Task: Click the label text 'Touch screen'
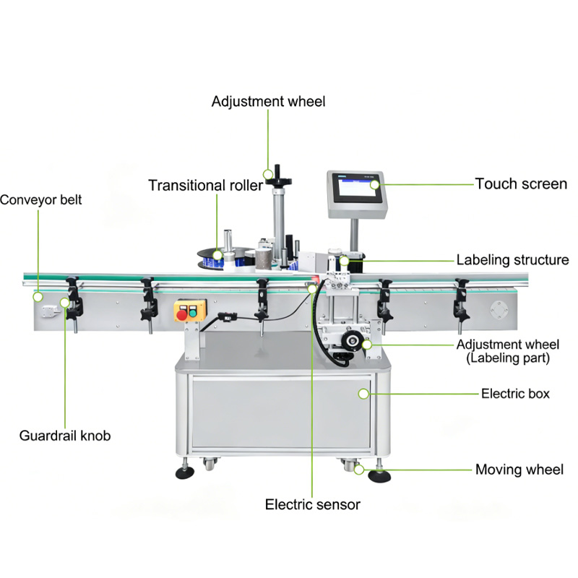click(x=521, y=184)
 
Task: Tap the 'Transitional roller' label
click(x=206, y=186)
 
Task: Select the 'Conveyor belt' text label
click(x=40, y=200)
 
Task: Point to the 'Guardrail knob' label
click(x=65, y=436)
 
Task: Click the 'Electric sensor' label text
click(x=313, y=504)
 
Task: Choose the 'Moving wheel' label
click(x=519, y=470)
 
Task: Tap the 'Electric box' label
click(x=515, y=394)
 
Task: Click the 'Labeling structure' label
click(x=512, y=260)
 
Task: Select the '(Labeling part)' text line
click(x=508, y=358)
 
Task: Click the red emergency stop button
click(x=182, y=315)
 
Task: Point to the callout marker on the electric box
click(x=363, y=394)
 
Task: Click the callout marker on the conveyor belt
click(x=38, y=297)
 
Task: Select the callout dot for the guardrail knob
click(x=65, y=303)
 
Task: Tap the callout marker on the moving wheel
click(x=359, y=470)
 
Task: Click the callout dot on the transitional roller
click(x=217, y=255)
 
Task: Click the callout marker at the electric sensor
click(x=312, y=288)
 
